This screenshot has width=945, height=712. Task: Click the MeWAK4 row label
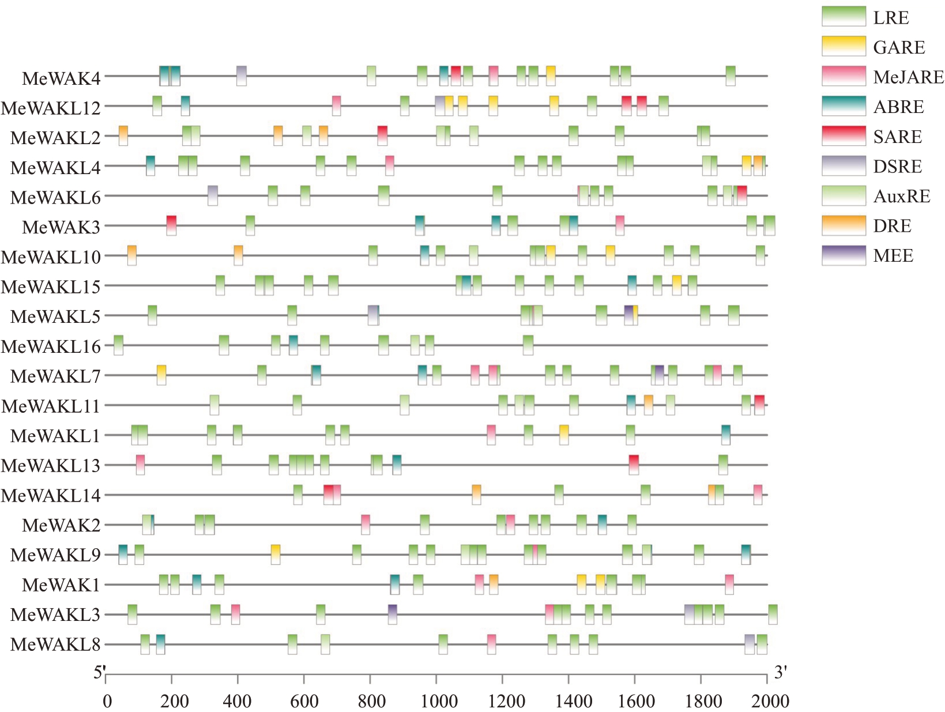tap(61, 78)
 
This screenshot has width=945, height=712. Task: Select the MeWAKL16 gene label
tap(51, 346)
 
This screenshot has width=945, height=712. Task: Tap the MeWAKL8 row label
tap(55, 644)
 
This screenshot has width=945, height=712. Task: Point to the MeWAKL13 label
tap(51, 465)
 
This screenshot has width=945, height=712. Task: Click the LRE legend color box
tap(844, 17)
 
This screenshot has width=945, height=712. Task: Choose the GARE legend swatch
tap(844, 46)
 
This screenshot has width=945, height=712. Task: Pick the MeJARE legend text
tap(908, 77)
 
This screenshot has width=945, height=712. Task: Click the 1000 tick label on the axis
tap(439, 702)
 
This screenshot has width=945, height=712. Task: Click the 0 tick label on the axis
tap(107, 702)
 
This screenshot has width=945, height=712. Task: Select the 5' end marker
tap(100, 672)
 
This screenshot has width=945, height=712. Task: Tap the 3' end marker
tap(780, 672)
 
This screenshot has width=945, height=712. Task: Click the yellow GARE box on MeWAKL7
tap(161, 375)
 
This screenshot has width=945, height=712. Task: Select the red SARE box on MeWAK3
tap(171, 225)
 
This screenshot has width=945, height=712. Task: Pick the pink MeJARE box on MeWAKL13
tap(140, 465)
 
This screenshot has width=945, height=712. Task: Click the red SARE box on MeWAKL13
tap(634, 465)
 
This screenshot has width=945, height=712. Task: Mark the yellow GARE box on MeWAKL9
tap(276, 554)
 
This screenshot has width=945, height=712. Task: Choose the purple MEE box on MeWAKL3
tap(392, 614)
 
